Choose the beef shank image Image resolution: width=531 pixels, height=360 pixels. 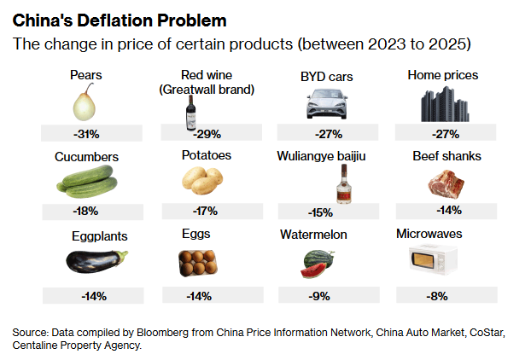click(x=446, y=182)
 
